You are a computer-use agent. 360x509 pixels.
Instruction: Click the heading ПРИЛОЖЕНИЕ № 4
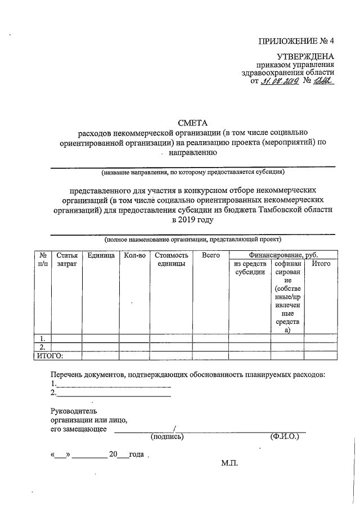pyautogui.click(x=296, y=41)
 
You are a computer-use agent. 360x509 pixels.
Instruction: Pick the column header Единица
pyautogui.click(x=101, y=255)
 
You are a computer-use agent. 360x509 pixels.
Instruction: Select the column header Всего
pyautogui.click(x=210, y=255)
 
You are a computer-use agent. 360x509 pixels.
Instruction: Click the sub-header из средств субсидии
pyautogui.click(x=249, y=268)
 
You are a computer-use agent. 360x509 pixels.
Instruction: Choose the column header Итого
pyautogui.click(x=321, y=263)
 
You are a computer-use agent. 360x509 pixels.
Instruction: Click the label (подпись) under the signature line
pyautogui.click(x=167, y=436)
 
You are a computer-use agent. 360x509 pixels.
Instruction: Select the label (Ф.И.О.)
pyautogui.click(x=283, y=436)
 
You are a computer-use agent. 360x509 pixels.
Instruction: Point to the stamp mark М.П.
pyautogui.click(x=230, y=463)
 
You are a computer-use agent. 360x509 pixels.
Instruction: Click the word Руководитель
pyautogui.click(x=74, y=411)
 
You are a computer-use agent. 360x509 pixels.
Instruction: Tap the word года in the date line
pyautogui.click(x=136, y=454)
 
